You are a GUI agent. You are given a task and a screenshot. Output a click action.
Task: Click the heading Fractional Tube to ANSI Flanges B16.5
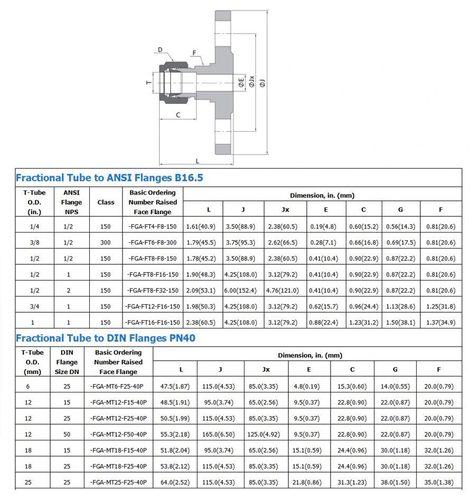[x=109, y=178]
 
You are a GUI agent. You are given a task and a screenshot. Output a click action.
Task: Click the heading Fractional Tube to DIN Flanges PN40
[x=106, y=338]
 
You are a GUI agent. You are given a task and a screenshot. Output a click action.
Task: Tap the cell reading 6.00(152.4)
[x=243, y=291]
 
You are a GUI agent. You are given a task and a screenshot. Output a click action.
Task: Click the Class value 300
[x=106, y=243]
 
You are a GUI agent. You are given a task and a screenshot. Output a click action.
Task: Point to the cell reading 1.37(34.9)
[x=440, y=322]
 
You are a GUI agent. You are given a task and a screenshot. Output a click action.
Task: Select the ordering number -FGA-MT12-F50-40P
[x=118, y=435]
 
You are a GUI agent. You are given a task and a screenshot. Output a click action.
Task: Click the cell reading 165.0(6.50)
[x=220, y=435]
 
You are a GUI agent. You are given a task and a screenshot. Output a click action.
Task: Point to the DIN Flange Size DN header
[x=67, y=362]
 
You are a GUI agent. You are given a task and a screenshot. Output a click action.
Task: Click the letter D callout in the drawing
[x=160, y=50]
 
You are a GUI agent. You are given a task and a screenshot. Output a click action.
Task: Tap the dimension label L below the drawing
[x=197, y=161]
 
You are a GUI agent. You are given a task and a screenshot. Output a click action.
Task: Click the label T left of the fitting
[x=149, y=82]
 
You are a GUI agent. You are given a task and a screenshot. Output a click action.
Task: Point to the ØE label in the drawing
[x=241, y=82]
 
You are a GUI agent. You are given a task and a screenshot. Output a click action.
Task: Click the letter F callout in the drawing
[x=194, y=53]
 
